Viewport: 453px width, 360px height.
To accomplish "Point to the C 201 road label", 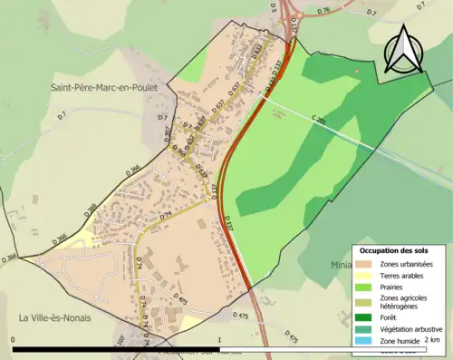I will [x=319, y=120].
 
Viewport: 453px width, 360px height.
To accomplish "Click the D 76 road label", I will [x=325, y=12].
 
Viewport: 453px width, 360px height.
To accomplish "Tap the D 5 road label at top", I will [x=272, y=8].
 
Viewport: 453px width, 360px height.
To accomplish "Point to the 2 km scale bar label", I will [x=432, y=340].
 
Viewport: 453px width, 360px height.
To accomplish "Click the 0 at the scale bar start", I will [x=14, y=340].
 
